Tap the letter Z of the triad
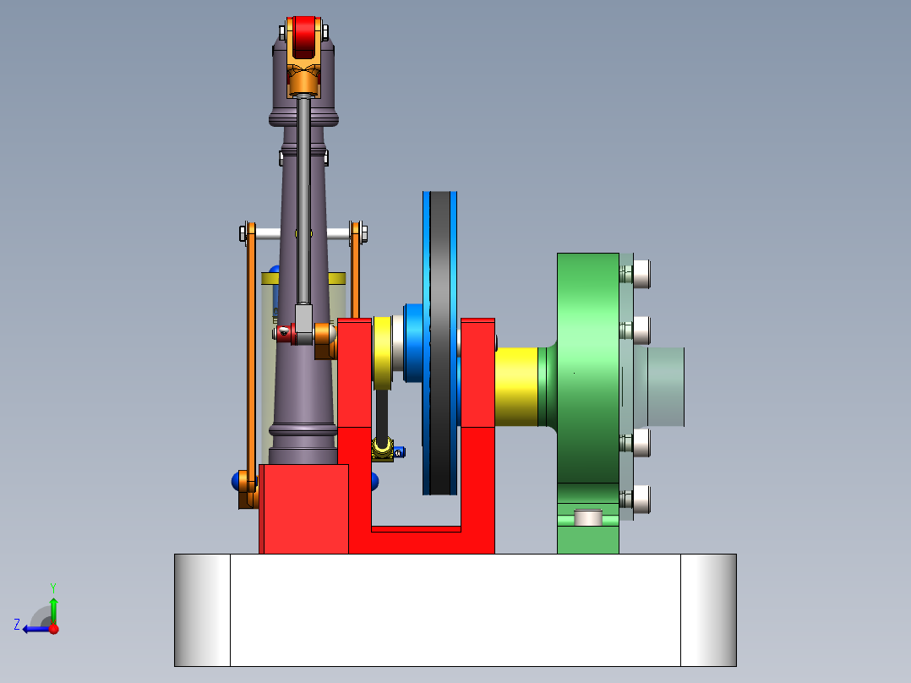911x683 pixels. point(17,625)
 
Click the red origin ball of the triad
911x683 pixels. point(53,629)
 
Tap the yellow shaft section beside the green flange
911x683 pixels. point(516,386)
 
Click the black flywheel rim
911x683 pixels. point(440,338)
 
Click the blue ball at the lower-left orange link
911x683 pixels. point(236,481)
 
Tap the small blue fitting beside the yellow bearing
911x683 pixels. point(399,451)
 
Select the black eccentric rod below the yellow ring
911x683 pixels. point(383,414)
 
